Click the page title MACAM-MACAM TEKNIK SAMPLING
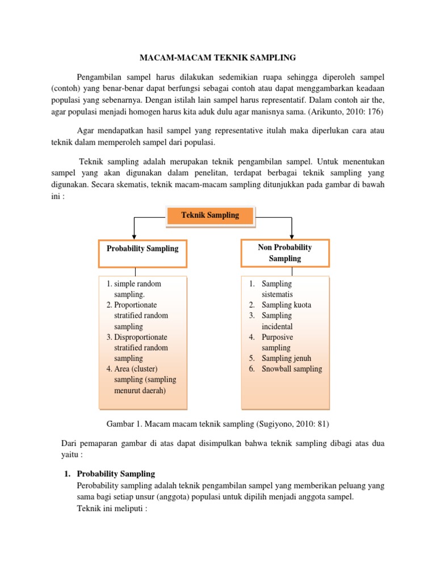(x=218, y=57)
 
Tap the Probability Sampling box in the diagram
(x=142, y=249)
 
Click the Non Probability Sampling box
(x=285, y=252)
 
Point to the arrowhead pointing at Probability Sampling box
(x=134, y=234)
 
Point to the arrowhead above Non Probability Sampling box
(x=291, y=234)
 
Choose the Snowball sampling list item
(x=291, y=369)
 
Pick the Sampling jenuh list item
(x=286, y=358)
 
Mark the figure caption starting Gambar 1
(x=217, y=423)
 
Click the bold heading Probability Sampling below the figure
(x=116, y=473)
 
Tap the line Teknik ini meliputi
(x=112, y=508)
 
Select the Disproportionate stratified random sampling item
(x=141, y=348)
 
